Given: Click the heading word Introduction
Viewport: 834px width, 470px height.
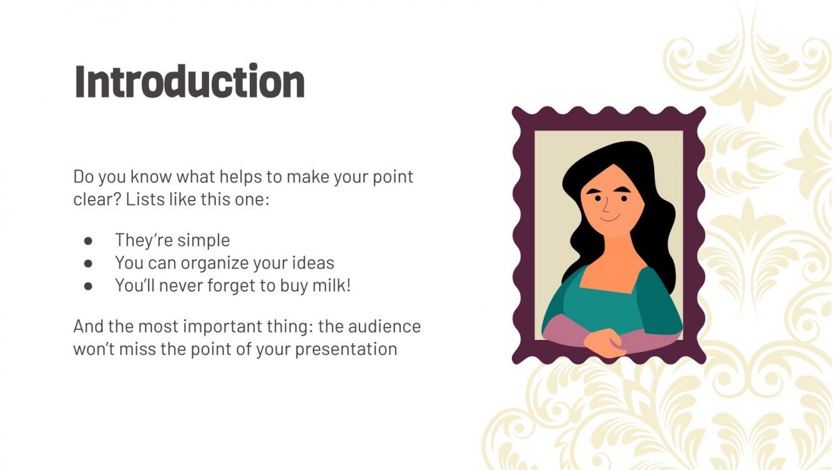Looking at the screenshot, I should pyautogui.click(x=189, y=82).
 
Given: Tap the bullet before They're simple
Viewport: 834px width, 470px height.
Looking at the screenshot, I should pyautogui.click(x=88, y=241).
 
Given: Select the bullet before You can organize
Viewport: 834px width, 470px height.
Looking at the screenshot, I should pyautogui.click(x=88, y=263).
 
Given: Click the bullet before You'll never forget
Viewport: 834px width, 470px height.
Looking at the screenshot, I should pyautogui.click(x=88, y=286).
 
